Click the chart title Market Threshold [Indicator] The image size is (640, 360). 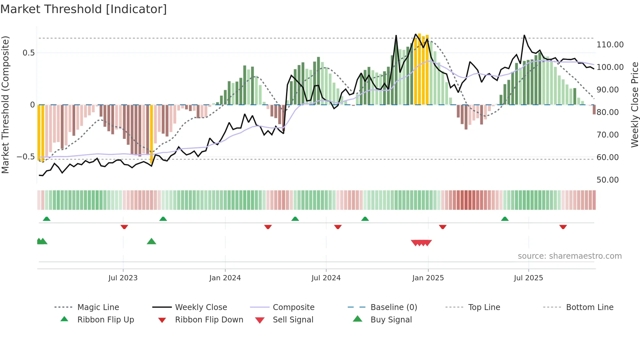click(84, 9)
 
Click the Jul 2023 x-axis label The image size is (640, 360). click(123, 278)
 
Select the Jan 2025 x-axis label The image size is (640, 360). click(428, 278)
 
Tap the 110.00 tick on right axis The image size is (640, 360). click(610, 45)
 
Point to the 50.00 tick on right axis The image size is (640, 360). click(607, 180)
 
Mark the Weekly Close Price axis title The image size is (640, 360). click(634, 105)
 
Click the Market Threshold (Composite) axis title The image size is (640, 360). click(5, 105)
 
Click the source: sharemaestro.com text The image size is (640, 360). click(569, 256)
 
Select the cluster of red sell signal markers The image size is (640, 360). click(421, 243)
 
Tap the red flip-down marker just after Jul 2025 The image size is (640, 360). click(563, 227)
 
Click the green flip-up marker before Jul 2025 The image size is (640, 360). click(505, 219)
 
